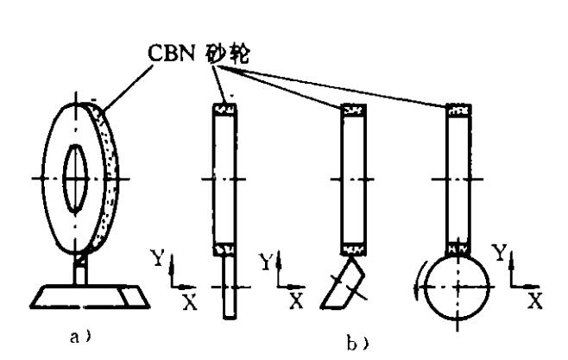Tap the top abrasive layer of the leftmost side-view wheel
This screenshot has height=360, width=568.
coord(224,110)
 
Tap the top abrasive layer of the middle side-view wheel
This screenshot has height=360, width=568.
coord(353,110)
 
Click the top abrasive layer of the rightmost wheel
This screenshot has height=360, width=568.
coord(458,110)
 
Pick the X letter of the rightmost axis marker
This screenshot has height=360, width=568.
coord(535,301)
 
